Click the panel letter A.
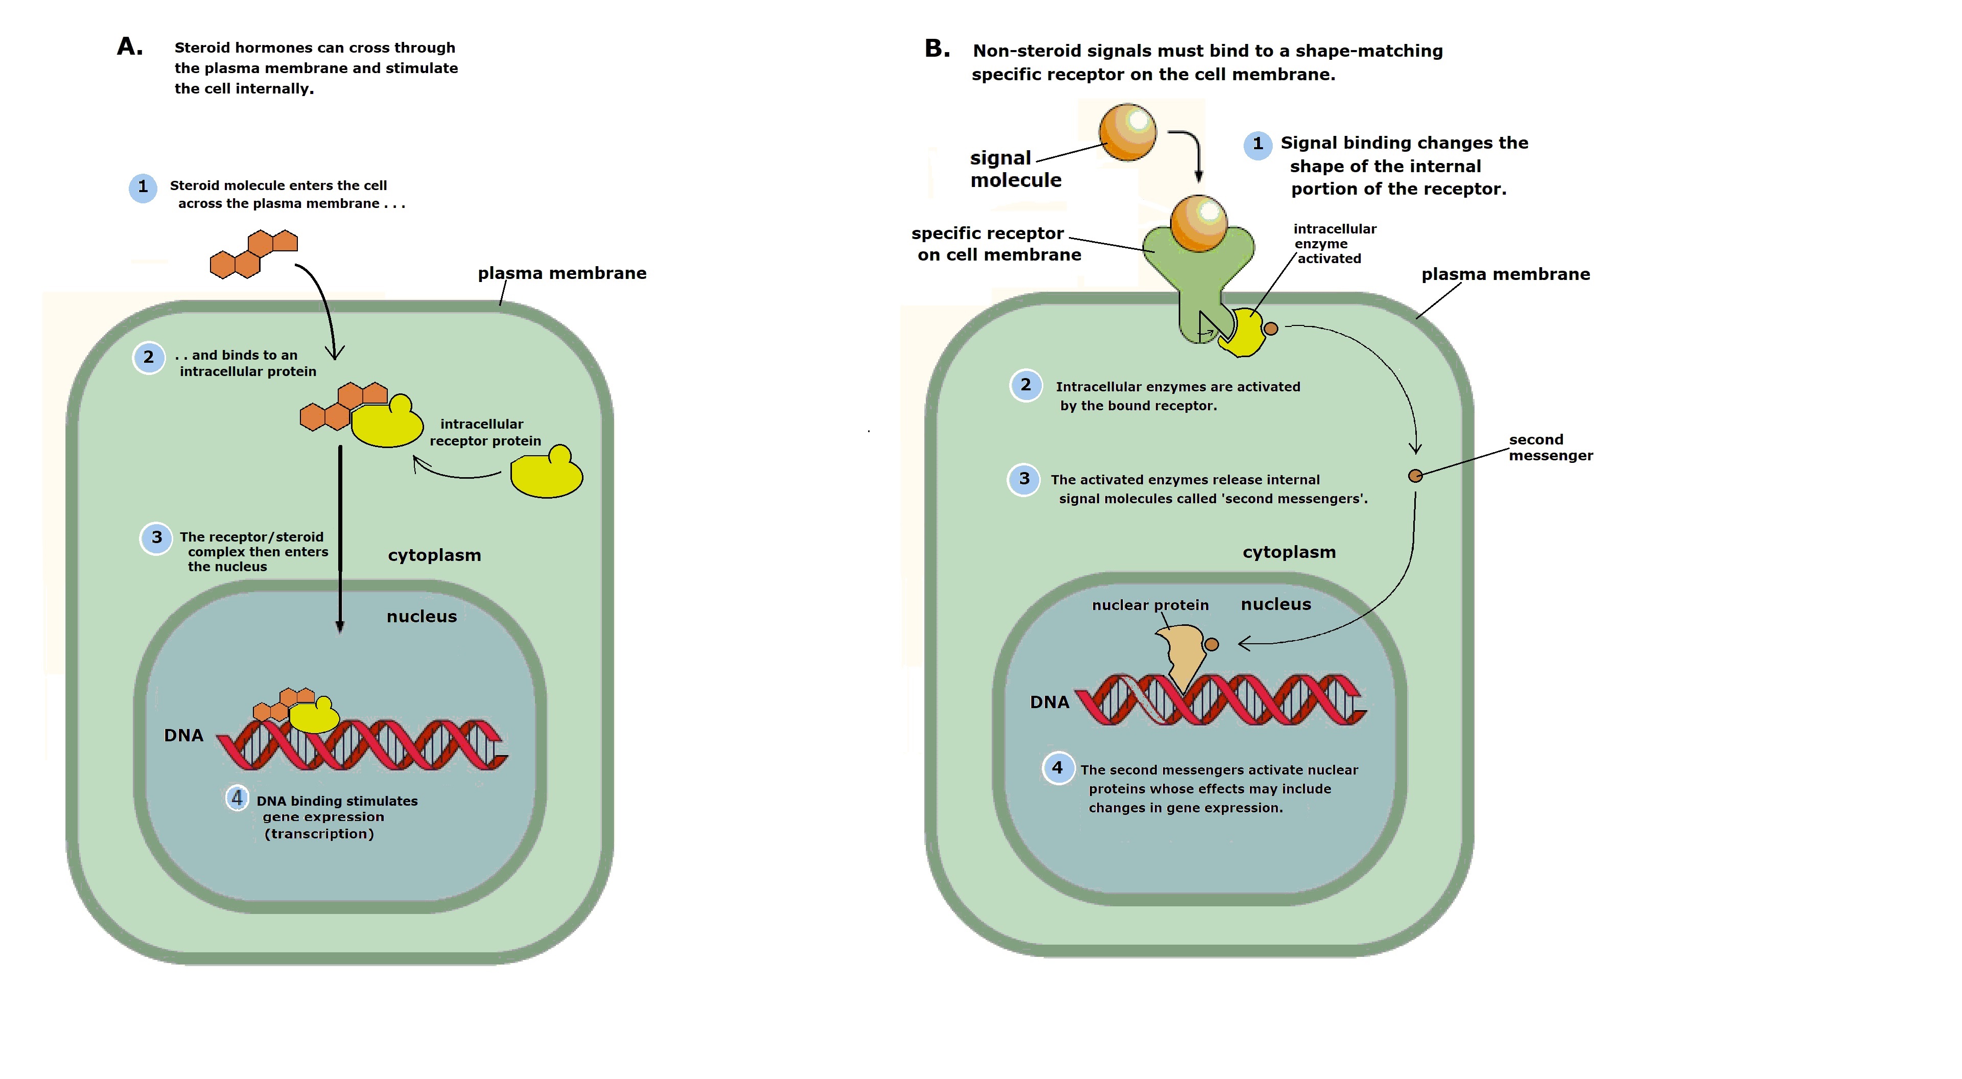tap(129, 47)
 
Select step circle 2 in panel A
tap(149, 357)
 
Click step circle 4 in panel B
tap(1057, 768)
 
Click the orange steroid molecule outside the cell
tap(253, 253)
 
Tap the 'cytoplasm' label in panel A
tap(434, 555)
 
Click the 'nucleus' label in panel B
tap(1276, 604)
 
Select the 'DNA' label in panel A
tap(183, 736)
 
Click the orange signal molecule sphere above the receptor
tap(1128, 132)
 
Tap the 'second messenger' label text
tap(1550, 448)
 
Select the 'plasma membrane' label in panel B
tap(1505, 274)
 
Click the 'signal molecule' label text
tap(1015, 169)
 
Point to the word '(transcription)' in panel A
tap(319, 834)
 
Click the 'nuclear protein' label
tap(1150, 605)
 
